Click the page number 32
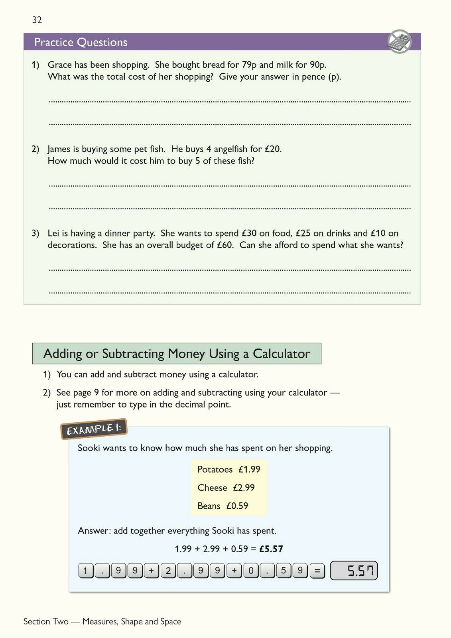click(x=37, y=20)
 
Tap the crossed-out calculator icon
click(x=399, y=41)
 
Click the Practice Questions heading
click(x=81, y=42)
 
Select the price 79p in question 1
click(x=249, y=65)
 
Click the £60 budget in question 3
click(x=225, y=245)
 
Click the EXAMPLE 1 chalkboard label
click(x=94, y=429)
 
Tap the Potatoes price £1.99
click(x=249, y=469)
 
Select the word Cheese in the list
click(x=212, y=488)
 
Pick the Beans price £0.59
click(x=237, y=506)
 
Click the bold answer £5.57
click(x=271, y=549)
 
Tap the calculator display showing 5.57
click(x=354, y=571)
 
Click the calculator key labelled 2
click(x=168, y=571)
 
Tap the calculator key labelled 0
click(x=251, y=571)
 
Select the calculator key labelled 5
click(x=283, y=571)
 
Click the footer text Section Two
click(x=46, y=621)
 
